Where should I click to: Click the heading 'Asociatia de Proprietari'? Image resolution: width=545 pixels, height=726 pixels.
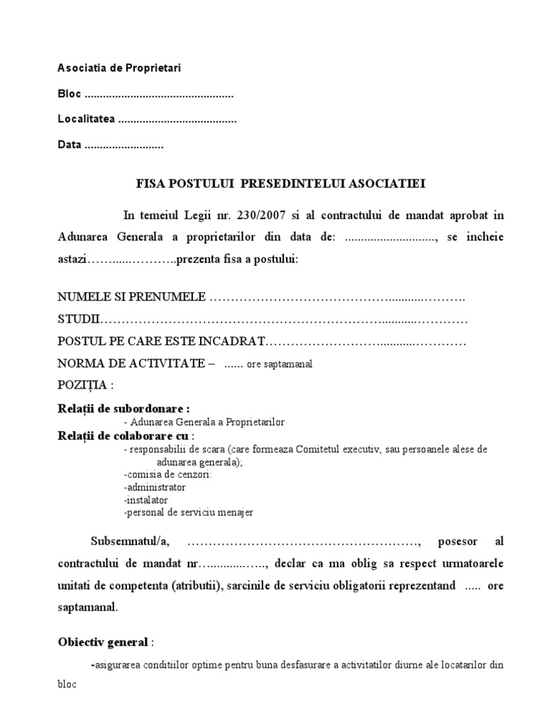click(119, 68)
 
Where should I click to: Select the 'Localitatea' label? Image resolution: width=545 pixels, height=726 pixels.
click(86, 120)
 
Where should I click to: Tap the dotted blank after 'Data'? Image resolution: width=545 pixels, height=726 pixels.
click(123, 145)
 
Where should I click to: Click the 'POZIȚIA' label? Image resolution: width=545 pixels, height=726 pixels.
click(84, 386)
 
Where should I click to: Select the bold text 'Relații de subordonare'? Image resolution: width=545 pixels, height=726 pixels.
click(123, 408)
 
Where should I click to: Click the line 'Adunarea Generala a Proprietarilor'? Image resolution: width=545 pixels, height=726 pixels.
click(206, 422)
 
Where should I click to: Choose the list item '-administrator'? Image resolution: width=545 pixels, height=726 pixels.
click(154, 487)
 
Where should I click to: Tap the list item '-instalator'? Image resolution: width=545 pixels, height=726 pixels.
click(145, 499)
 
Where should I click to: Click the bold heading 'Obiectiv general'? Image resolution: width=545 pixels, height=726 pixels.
click(103, 642)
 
